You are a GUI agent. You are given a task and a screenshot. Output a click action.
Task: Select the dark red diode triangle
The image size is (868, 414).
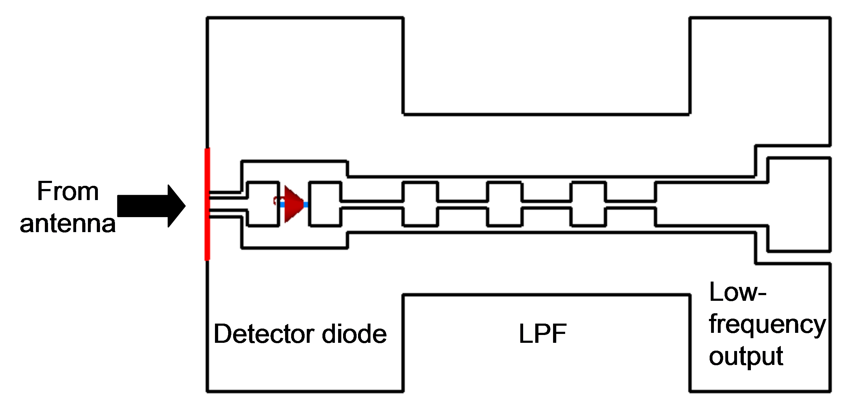point(293,204)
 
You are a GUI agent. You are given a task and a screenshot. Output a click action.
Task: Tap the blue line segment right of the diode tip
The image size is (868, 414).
point(306,205)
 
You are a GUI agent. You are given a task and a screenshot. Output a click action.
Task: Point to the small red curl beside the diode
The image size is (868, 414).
point(276,201)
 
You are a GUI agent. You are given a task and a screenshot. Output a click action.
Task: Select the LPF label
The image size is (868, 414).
point(542,334)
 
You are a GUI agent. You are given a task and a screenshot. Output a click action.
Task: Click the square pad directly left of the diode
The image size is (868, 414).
point(263,204)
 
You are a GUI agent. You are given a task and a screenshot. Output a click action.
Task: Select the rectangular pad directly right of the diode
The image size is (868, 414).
point(325,204)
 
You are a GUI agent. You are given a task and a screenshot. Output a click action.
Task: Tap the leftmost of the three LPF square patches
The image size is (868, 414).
point(420,204)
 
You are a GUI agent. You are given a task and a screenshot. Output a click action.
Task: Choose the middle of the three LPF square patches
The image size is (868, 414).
point(504,204)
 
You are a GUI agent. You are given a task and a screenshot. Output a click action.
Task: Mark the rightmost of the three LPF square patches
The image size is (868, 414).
point(588,204)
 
